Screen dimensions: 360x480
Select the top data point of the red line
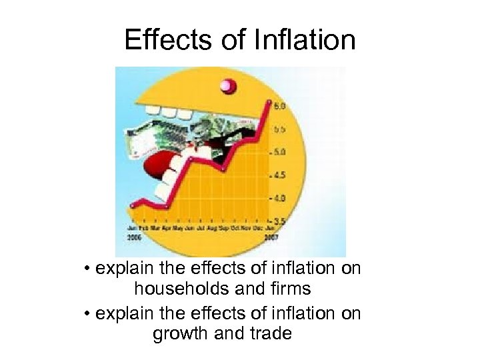pyautogui.click(x=268, y=103)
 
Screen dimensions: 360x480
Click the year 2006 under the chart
pyautogui.click(x=134, y=237)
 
